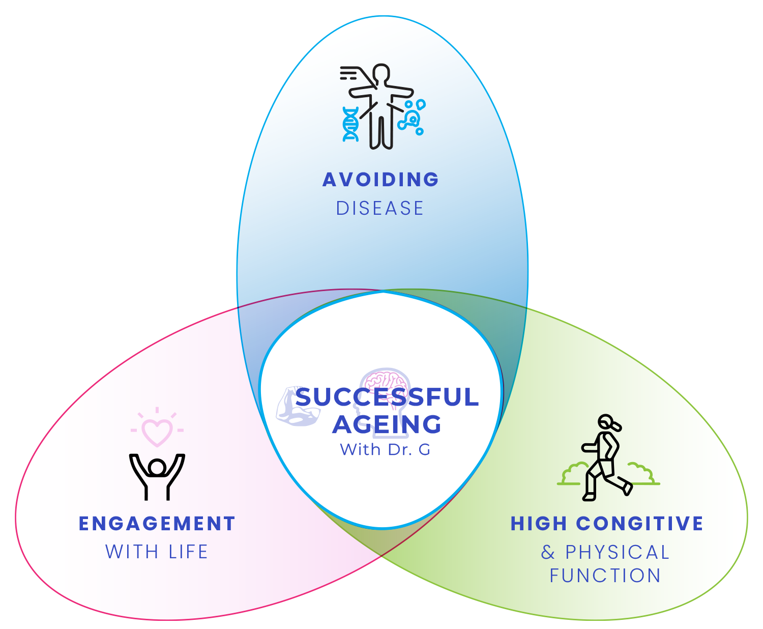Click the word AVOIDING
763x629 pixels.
click(x=380, y=180)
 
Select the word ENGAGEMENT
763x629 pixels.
click(x=157, y=524)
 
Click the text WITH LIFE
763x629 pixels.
click(x=157, y=552)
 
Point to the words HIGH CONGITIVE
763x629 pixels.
click(x=607, y=524)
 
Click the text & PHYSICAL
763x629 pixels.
click(x=605, y=552)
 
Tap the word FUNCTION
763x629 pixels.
click(x=605, y=576)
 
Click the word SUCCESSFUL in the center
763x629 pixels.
click(x=387, y=397)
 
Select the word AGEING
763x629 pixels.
click(x=387, y=424)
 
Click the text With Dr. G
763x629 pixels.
click(x=385, y=450)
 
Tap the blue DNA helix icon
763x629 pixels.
click(x=350, y=124)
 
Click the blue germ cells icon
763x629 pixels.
click(x=413, y=117)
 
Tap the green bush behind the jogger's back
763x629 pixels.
click(x=572, y=474)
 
